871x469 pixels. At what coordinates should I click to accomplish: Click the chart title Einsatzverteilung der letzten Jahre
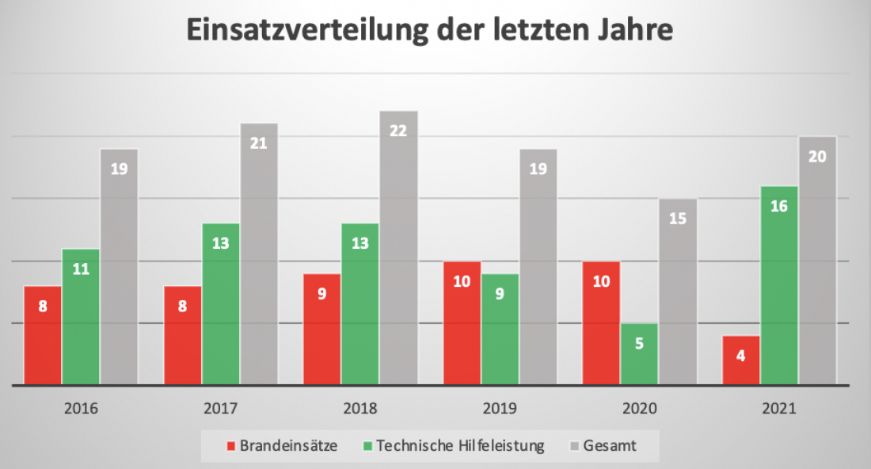pos(430,30)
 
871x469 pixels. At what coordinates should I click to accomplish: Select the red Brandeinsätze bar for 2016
pos(43,335)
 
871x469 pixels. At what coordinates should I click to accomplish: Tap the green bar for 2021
pos(778,285)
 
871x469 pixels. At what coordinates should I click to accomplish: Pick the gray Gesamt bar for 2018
pos(398,247)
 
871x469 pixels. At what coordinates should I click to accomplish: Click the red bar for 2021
pos(740,360)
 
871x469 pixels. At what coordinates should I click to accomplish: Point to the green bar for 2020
pos(639,353)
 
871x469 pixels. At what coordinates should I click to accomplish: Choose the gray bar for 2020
pos(678,292)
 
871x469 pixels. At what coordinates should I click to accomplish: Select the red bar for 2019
pos(462,323)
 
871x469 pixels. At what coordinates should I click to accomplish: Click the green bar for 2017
pos(220,304)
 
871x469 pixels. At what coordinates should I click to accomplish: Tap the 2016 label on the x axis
pos(82,410)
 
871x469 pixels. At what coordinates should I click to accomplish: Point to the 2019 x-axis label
pos(500,410)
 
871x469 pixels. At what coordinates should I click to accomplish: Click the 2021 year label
pos(778,410)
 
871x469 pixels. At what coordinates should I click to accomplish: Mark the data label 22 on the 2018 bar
pos(398,131)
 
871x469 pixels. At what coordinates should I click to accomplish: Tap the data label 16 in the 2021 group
pos(778,206)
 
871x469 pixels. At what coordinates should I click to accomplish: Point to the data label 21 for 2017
pos(259,143)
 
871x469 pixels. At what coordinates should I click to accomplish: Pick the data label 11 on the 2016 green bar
pos(81,269)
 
